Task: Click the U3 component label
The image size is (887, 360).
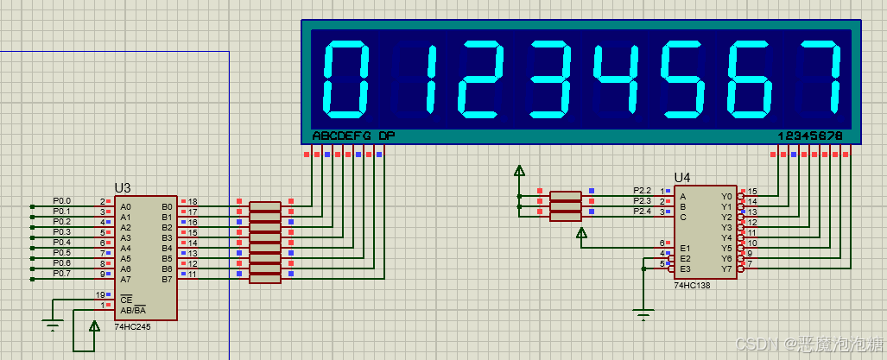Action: tap(122, 187)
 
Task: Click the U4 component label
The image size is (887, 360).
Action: tap(682, 177)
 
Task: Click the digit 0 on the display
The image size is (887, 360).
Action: tap(345, 79)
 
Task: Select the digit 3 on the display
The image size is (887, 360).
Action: tap(551, 79)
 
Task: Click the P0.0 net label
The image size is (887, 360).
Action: tap(62, 200)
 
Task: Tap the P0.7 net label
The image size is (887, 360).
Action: tap(62, 273)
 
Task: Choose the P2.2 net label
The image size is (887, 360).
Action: tap(642, 190)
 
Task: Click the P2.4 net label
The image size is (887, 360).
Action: tap(642, 211)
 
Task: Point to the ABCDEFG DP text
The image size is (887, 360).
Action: tap(353, 136)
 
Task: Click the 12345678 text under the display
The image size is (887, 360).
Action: tap(809, 136)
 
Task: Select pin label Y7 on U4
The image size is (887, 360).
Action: tap(726, 268)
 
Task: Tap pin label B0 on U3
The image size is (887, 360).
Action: tap(167, 207)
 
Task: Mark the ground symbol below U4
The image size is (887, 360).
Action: tap(643, 314)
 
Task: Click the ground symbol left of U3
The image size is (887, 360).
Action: tap(53, 325)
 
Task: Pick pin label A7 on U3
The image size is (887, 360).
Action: tap(126, 279)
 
